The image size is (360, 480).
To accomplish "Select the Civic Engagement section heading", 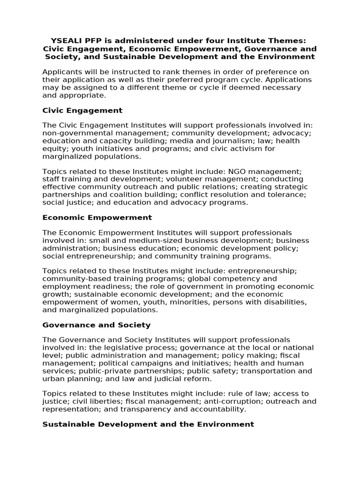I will click(x=82, y=110).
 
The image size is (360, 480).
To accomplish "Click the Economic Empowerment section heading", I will click(x=97, y=217).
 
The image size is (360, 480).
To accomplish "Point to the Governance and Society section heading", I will click(x=96, y=324).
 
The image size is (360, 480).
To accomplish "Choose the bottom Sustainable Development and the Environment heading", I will click(x=148, y=424).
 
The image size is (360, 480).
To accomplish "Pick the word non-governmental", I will click(x=72, y=133).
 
